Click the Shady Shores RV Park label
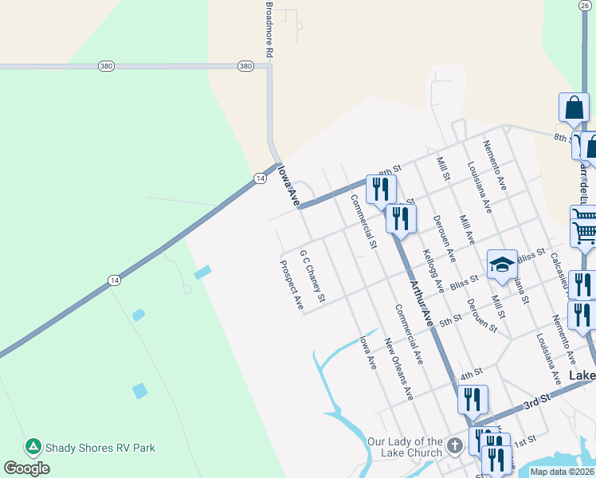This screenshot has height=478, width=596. point(100,448)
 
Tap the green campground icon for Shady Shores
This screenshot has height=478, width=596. point(33,447)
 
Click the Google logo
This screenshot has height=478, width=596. point(26,468)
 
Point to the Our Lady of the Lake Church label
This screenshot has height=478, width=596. point(405,447)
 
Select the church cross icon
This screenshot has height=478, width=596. point(455,446)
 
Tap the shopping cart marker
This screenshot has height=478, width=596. point(584,226)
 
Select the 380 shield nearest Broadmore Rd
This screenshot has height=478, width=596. point(245,66)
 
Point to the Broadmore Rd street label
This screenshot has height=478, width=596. point(269,29)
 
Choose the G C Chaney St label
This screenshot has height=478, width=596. point(312,276)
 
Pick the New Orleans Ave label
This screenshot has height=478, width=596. point(398,368)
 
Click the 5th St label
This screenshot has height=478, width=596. point(450,319)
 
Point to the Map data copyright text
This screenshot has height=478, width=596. point(562,472)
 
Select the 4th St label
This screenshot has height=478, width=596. point(472,372)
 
